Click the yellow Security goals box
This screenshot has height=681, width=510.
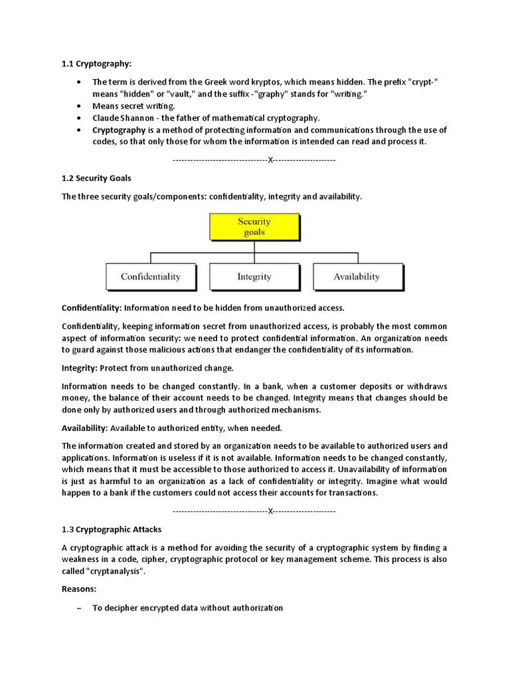[x=254, y=227]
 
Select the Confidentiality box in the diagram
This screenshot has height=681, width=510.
[x=151, y=277]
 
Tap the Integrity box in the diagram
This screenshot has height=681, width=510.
[x=254, y=277]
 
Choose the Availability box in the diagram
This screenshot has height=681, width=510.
[x=357, y=277]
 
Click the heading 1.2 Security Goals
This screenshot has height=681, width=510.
[x=96, y=179]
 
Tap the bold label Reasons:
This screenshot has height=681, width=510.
[x=79, y=589]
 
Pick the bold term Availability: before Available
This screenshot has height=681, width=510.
[x=85, y=428]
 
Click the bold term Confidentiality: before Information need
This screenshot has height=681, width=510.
[x=92, y=308]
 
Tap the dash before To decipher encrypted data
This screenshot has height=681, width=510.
[x=79, y=608]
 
